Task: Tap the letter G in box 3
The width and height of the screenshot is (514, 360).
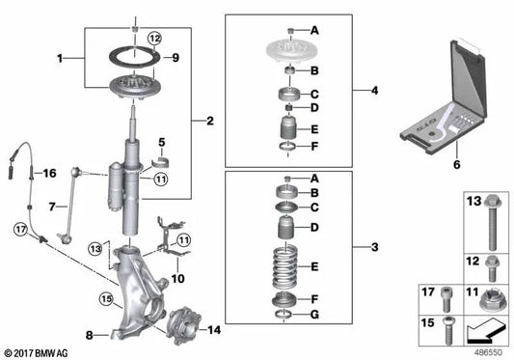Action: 313,314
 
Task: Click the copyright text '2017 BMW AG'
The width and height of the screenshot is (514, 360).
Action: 39,351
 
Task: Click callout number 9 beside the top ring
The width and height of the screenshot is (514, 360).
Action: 175,58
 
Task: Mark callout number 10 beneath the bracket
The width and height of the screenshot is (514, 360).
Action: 176,279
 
